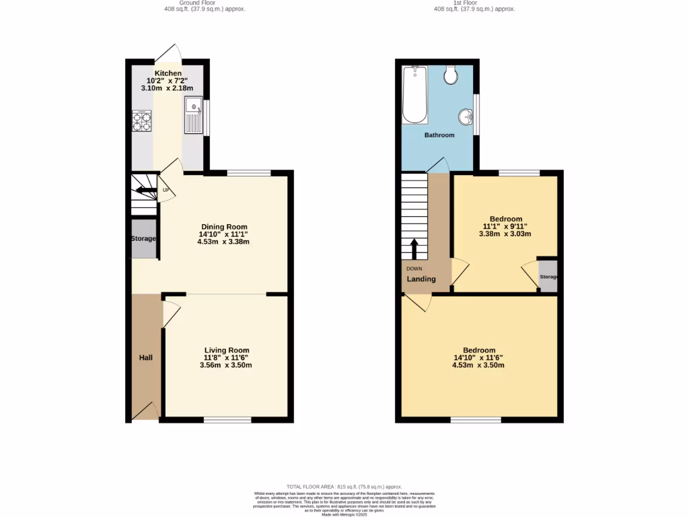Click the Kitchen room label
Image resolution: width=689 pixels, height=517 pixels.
168,73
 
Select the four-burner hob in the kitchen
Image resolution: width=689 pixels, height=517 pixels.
142,120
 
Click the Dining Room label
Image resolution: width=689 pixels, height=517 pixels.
224,227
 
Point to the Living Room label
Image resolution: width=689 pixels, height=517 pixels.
227,350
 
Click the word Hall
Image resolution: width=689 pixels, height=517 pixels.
146,357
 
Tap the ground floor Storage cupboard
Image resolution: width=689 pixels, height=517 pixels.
143,238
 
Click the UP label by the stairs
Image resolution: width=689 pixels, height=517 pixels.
166,191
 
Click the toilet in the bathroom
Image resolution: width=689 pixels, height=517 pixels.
451,75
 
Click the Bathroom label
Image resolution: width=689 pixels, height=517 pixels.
439,135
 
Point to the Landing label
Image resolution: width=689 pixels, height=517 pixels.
421,279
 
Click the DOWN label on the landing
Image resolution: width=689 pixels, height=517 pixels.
414,268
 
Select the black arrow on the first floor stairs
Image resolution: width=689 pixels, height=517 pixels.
414,248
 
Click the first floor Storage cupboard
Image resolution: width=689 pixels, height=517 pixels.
548,277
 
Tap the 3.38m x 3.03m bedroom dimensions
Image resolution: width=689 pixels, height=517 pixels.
505,234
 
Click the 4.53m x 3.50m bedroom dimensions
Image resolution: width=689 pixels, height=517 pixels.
478,366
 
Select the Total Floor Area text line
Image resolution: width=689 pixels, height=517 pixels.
344,486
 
